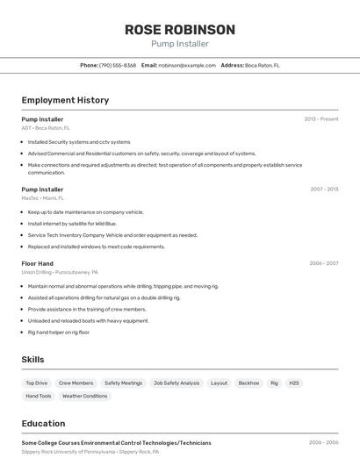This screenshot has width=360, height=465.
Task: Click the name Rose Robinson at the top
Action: (x=180, y=29)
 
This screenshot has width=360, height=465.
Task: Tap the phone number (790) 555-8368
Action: (x=118, y=65)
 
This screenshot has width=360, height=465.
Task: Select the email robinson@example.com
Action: (x=187, y=65)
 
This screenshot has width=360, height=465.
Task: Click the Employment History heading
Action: (x=65, y=100)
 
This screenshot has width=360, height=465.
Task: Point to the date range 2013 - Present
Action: (x=321, y=119)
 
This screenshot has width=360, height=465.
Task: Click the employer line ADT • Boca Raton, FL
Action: (x=46, y=128)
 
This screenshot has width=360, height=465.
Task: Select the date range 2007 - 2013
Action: (x=324, y=190)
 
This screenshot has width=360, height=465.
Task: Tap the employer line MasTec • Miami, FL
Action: (x=43, y=198)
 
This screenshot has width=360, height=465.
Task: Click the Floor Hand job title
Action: (x=38, y=263)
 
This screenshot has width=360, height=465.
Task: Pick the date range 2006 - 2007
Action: (x=324, y=263)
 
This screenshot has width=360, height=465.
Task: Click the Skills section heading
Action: (x=32, y=360)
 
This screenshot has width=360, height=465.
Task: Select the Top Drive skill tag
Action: (x=37, y=383)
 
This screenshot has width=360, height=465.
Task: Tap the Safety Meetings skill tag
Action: (x=123, y=383)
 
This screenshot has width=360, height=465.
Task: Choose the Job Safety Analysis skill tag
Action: (x=176, y=383)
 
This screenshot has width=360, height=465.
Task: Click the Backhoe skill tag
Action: (x=248, y=383)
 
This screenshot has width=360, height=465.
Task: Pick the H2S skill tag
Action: (x=294, y=383)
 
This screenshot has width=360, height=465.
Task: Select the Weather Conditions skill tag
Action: (x=84, y=397)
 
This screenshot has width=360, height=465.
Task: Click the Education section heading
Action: (x=43, y=423)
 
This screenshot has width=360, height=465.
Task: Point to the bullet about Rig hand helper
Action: (x=59, y=333)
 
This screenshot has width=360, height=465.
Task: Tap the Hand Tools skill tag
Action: (x=39, y=397)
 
